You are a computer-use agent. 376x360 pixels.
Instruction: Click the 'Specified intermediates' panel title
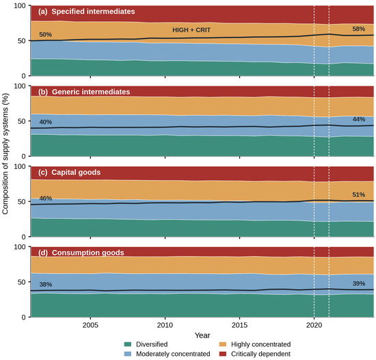[x=93, y=12]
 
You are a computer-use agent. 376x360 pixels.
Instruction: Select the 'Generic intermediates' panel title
[x=91, y=92]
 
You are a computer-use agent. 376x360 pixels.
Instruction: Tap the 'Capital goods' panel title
[x=76, y=172]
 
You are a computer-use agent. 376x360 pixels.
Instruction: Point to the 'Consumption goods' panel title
[x=88, y=253]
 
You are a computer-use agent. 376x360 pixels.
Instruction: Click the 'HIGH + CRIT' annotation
[x=191, y=30]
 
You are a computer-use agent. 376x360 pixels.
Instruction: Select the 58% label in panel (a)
[x=358, y=29]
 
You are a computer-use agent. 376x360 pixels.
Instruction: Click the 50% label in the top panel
[x=46, y=34]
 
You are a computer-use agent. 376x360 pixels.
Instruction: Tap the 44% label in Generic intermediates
[x=358, y=119]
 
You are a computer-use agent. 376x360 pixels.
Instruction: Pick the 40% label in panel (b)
[x=46, y=122]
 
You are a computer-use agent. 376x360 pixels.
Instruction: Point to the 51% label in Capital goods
[x=358, y=194]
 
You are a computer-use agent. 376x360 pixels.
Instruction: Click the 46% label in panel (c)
[x=46, y=198]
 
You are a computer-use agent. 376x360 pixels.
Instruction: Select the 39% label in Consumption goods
[x=358, y=283]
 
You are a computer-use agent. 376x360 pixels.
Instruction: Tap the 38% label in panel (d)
[x=46, y=285]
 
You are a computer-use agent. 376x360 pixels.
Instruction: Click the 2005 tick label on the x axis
[x=90, y=325]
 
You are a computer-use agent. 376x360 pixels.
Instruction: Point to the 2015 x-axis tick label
[x=239, y=325]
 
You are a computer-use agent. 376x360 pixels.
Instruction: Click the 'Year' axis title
[x=202, y=335]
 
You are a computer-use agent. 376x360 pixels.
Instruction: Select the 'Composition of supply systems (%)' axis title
[x=5, y=153]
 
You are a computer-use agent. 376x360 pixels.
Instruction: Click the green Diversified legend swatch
[x=128, y=344]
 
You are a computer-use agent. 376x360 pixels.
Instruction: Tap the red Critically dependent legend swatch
[x=223, y=354]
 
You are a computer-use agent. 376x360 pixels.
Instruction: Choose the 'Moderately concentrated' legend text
[x=173, y=354]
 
